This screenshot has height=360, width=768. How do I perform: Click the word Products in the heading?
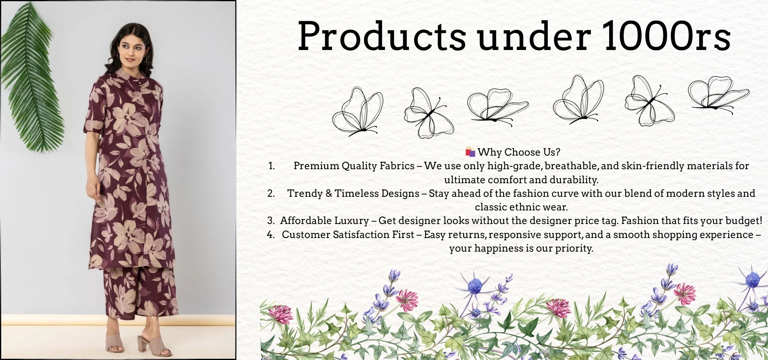(382, 36)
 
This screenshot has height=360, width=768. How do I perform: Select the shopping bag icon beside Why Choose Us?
(470, 152)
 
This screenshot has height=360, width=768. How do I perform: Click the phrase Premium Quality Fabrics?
(354, 166)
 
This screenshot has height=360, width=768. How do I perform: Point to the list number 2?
(271, 194)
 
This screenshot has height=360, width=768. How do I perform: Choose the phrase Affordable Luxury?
(324, 221)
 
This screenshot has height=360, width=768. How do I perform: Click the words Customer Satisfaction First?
(348, 234)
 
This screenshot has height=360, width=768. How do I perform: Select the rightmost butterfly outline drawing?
(719, 95)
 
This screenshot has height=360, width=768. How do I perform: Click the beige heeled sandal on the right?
(154, 346)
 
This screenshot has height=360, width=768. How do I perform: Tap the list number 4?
(271, 235)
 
